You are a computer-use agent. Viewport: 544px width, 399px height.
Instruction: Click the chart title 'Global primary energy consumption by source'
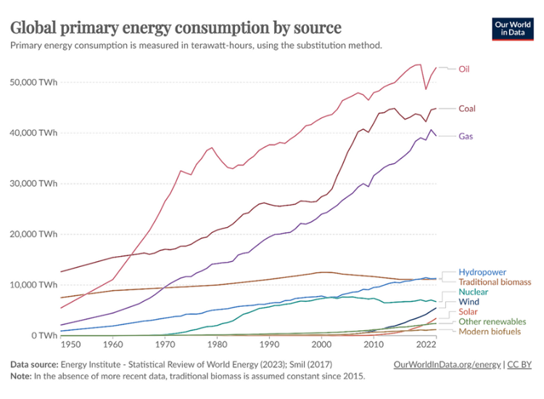click(x=175, y=27)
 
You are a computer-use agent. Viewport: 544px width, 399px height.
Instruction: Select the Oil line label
click(x=464, y=69)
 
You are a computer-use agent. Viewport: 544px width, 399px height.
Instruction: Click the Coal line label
click(x=467, y=109)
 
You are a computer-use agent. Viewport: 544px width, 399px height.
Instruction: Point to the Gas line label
click(x=466, y=136)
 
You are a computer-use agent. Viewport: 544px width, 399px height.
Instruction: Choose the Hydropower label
click(x=482, y=272)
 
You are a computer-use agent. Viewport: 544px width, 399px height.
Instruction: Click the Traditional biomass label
click(x=495, y=281)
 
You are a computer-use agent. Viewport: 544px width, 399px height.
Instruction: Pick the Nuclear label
click(x=473, y=292)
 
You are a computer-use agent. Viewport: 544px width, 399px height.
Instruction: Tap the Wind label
click(x=469, y=302)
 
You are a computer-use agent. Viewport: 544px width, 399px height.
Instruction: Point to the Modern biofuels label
click(x=489, y=332)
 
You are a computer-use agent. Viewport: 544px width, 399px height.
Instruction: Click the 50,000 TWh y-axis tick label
click(x=33, y=82)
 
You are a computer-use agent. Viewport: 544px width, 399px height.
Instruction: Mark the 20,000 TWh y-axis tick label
click(x=33, y=234)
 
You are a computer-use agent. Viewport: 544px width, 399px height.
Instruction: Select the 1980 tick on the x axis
click(x=217, y=346)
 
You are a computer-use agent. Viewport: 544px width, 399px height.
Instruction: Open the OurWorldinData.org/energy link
click(x=445, y=364)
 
